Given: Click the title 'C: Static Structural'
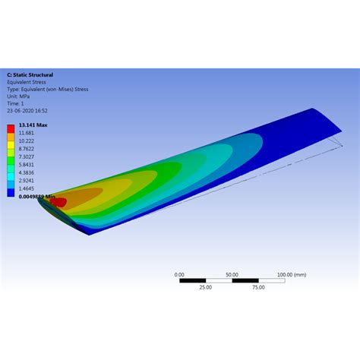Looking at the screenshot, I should coord(30,75).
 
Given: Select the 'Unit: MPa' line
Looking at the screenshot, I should coord(19,96).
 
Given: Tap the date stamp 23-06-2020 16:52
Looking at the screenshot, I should coord(28,109).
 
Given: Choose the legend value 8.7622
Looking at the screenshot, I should coord(27,150).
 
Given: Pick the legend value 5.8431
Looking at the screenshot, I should coord(27,166).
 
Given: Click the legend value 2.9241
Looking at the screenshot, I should coord(27,182).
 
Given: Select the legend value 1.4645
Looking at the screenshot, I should coord(27,189).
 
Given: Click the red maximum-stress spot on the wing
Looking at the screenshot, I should coord(57,203).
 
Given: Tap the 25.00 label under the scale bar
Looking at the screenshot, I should coord(205,288).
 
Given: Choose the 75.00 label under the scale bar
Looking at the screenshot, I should coord(258,288).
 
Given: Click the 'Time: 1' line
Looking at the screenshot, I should coord(16,103).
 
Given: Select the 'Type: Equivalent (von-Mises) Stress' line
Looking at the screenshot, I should coord(48,89).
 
